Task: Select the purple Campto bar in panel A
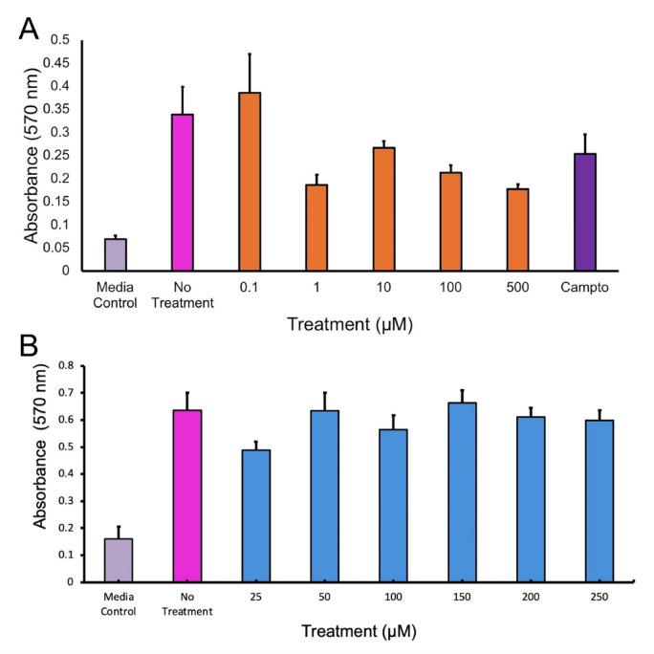click(585, 211)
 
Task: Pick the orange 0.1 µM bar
click(249, 181)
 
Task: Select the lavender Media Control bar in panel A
click(115, 254)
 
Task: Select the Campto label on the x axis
click(585, 285)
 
